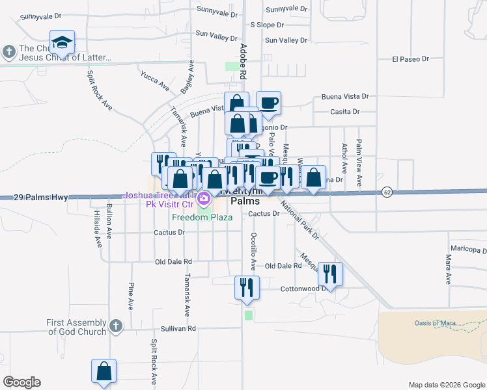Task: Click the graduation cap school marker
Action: pyautogui.click(x=62, y=43)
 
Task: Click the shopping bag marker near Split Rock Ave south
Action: pyautogui.click(x=104, y=371)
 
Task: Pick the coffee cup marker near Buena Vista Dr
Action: pyautogui.click(x=268, y=103)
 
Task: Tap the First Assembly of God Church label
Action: pyautogui.click(x=76, y=327)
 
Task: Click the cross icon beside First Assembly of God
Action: pyautogui.click(x=115, y=326)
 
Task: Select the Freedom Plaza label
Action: pyautogui.click(x=202, y=217)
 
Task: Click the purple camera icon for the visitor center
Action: pyautogui.click(x=204, y=198)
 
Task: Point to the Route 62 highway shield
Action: pyautogui.click(x=387, y=192)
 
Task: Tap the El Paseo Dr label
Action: pyautogui.click(x=410, y=58)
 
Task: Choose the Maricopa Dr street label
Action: pyautogui.click(x=468, y=250)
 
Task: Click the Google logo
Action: pyautogui.click(x=21, y=382)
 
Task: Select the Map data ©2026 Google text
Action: pyautogui.click(x=446, y=385)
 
